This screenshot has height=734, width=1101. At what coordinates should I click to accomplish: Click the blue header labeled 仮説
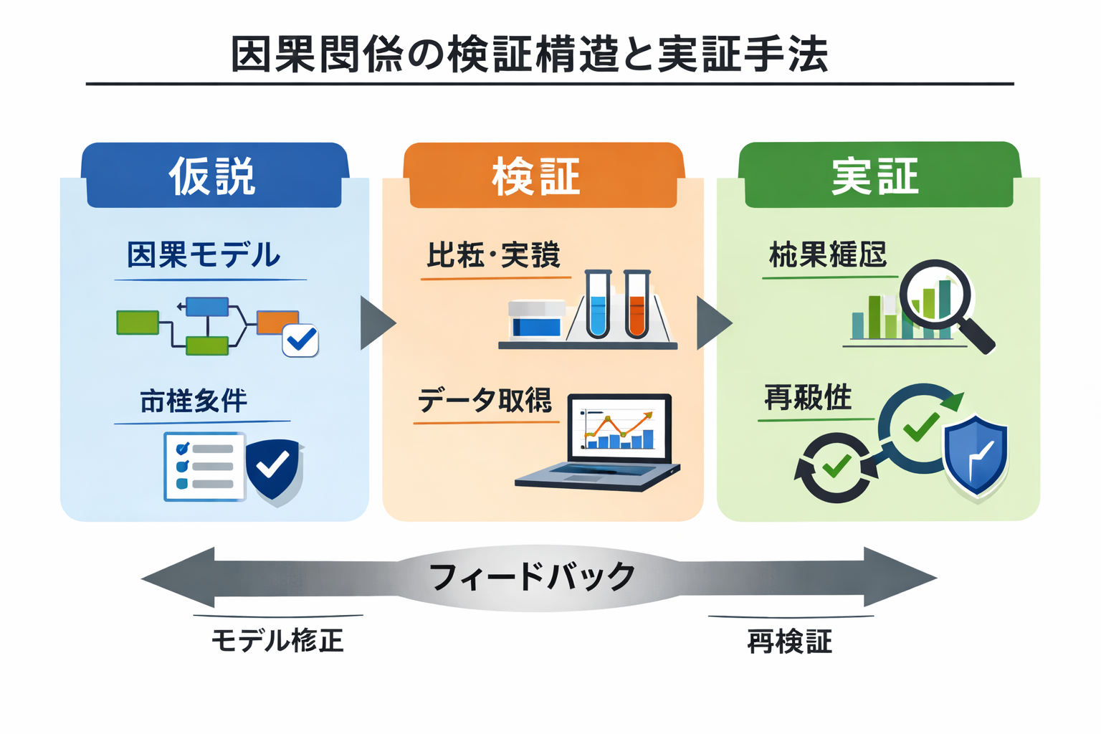(x=214, y=176)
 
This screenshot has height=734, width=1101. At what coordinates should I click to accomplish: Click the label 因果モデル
(x=204, y=255)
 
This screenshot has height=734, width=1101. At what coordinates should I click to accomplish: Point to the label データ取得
(x=485, y=400)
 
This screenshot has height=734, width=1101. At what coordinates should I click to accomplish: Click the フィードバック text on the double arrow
(x=532, y=577)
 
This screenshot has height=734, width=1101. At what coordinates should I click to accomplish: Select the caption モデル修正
(x=277, y=640)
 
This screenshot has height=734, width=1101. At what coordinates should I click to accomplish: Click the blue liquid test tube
(x=597, y=305)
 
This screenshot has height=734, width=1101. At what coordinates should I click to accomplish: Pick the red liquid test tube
(x=637, y=305)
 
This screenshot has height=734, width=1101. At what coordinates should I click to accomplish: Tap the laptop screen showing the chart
(x=619, y=429)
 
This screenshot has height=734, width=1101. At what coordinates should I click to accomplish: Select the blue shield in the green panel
(x=976, y=455)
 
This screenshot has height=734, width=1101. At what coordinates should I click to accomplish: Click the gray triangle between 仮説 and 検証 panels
(x=376, y=323)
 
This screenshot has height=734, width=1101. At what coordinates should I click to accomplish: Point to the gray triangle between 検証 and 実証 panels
(x=712, y=323)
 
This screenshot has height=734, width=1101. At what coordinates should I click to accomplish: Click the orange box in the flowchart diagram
(x=277, y=322)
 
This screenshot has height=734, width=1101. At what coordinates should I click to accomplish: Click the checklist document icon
(x=204, y=466)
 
